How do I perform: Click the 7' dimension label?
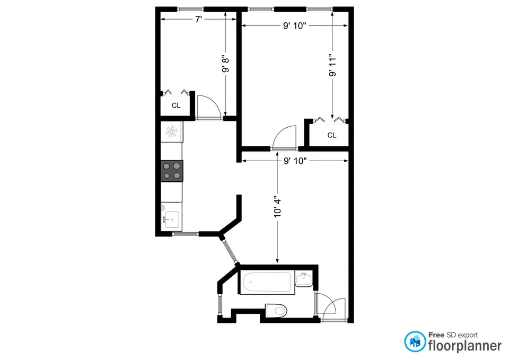[x=198, y=20]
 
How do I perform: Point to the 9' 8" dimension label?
[x=225, y=64]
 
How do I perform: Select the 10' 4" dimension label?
[x=277, y=210]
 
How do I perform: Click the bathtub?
[x=267, y=283]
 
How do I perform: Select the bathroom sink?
[x=304, y=279]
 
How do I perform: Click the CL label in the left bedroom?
[x=176, y=106]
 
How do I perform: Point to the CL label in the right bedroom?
[x=331, y=135]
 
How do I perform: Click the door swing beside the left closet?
[x=208, y=106]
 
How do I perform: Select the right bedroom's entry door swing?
[x=284, y=136]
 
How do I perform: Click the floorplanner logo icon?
[x=415, y=341]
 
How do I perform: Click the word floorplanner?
[x=465, y=346]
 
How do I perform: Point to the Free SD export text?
[x=453, y=335]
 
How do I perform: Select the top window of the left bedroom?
[x=190, y=8]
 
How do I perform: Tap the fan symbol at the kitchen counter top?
[x=172, y=131]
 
